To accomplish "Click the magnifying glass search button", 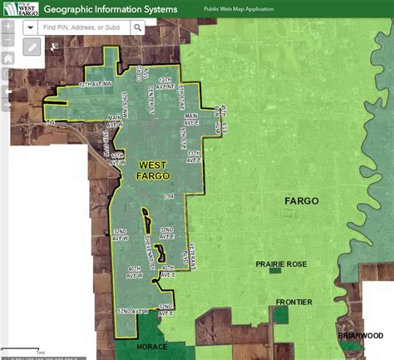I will (x=137, y=27).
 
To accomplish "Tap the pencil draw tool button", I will (x=32, y=47).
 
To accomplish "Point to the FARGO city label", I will (x=301, y=201).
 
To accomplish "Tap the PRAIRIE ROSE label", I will (x=281, y=264).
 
